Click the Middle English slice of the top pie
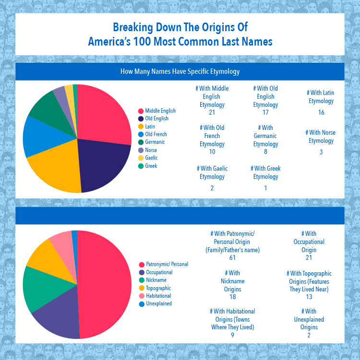point(103,115)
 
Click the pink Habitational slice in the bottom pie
point(62,243)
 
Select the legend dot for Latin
point(141,127)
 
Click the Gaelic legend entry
point(151,158)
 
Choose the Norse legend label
point(151,150)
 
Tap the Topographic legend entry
point(158,288)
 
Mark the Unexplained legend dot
point(141,303)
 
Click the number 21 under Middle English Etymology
point(212,113)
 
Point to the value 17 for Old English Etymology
point(265,113)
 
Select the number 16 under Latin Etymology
point(321,113)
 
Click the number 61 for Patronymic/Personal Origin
point(232,258)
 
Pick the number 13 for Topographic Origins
point(309,297)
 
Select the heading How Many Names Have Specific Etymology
point(180,72)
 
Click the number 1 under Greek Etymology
point(265,188)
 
